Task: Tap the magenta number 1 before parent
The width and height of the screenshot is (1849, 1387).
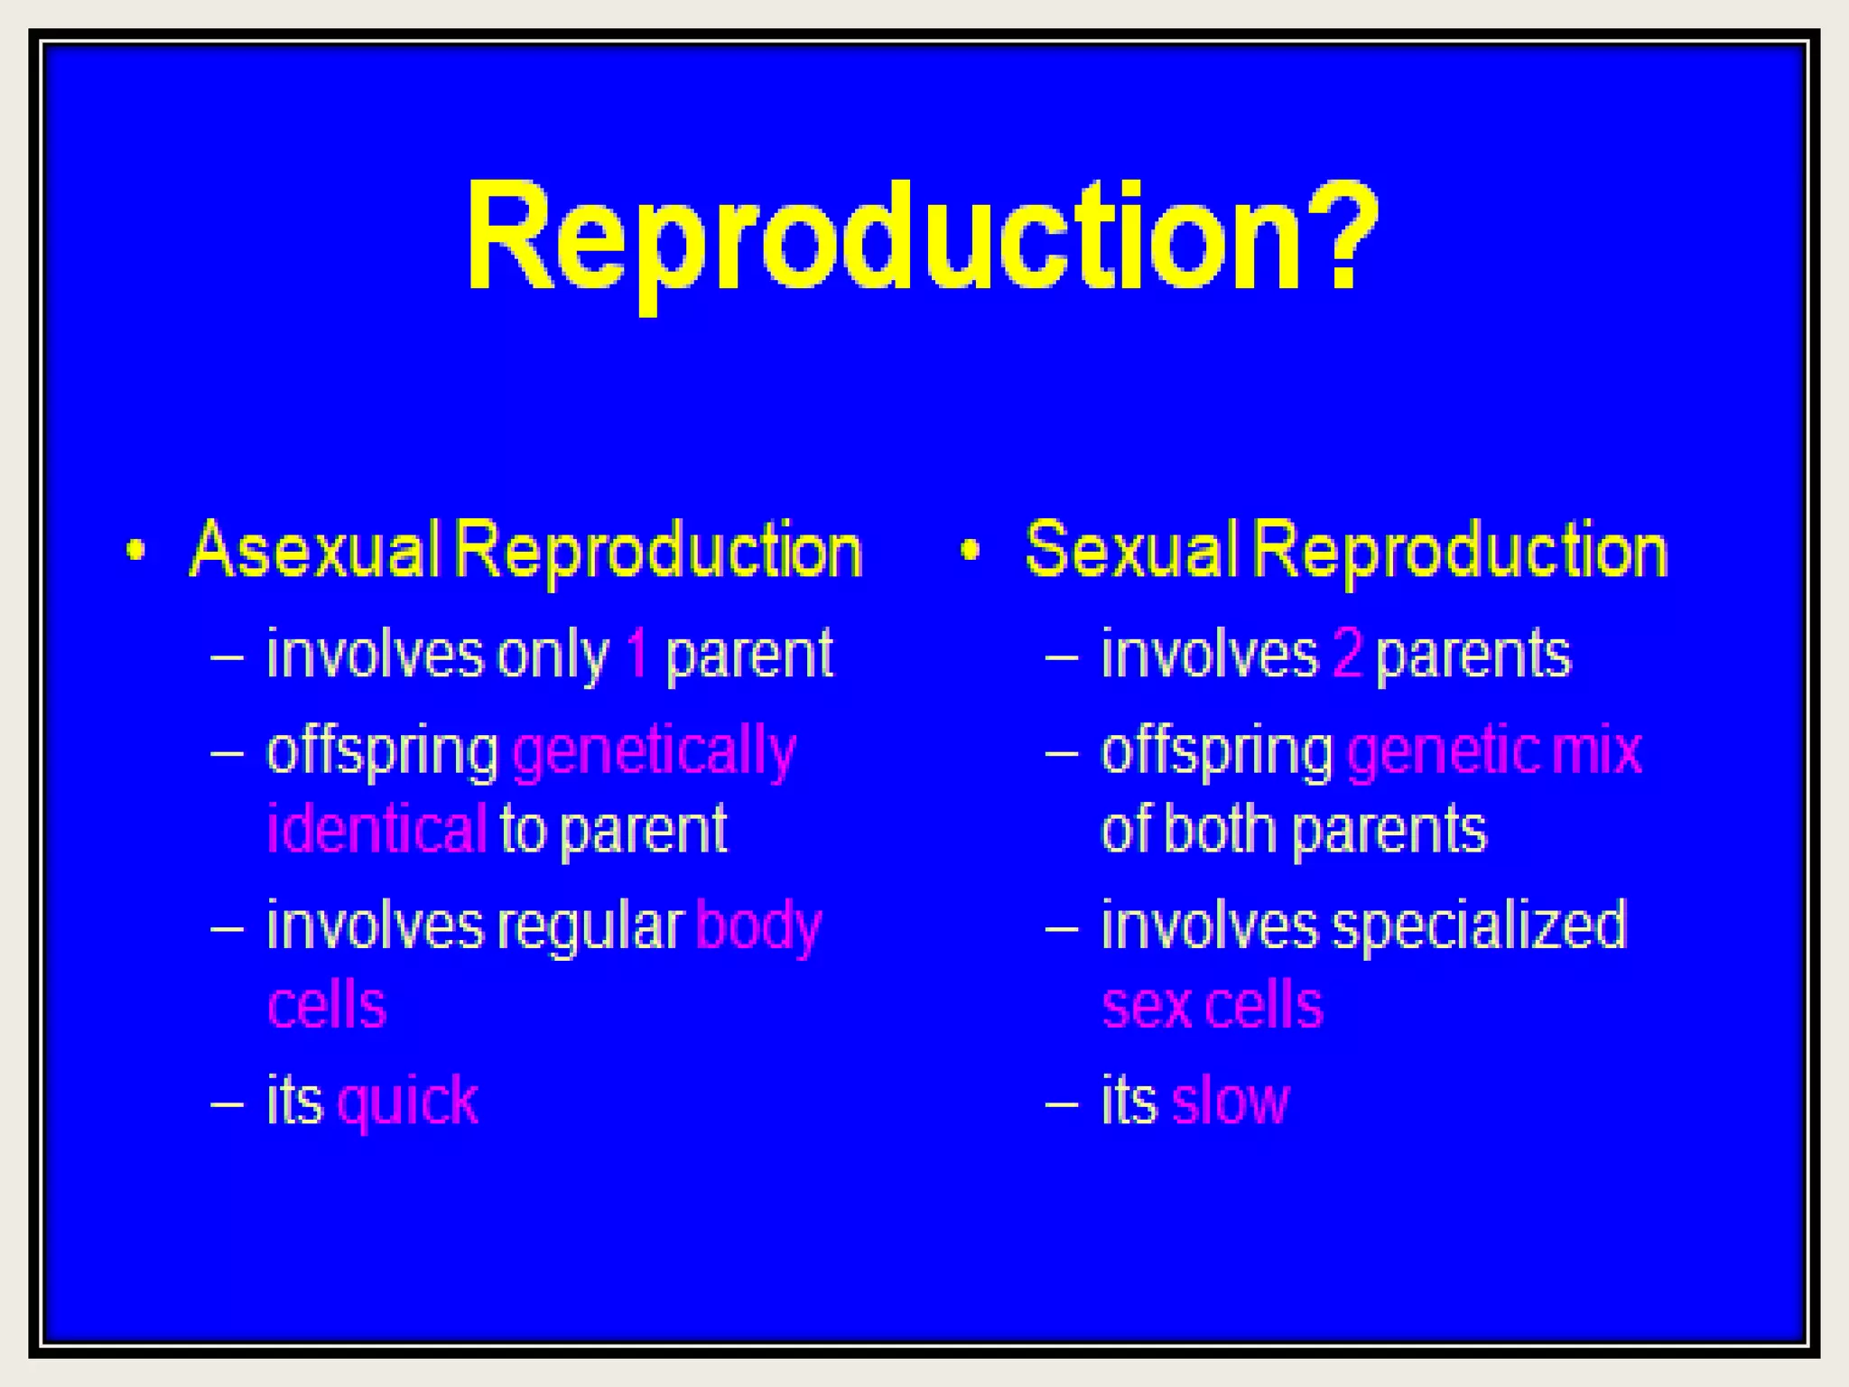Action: pos(636,654)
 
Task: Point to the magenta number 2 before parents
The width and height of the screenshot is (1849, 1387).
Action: pos(1346,654)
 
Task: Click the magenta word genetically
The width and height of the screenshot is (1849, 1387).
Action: pos(655,752)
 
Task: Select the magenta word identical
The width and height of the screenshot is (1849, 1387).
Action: pos(376,829)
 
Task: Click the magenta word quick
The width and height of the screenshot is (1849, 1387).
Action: pos(407,1103)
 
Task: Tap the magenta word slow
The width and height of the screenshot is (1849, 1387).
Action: pos(1230,1103)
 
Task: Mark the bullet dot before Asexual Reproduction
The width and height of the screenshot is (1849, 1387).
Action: pos(135,550)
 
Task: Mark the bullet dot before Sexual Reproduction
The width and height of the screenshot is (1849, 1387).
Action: pos(970,550)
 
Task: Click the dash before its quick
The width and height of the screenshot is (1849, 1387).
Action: pos(227,1103)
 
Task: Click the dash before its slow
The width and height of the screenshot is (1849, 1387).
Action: pos(1062,1103)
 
